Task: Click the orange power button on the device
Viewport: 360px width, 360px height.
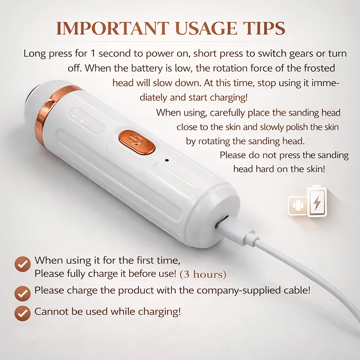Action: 137,142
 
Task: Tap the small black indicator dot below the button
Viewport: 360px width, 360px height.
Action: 167,160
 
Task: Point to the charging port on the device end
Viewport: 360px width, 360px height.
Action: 221,222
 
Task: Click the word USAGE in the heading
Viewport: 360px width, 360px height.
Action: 206,28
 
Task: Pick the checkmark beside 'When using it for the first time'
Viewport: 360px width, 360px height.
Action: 22,264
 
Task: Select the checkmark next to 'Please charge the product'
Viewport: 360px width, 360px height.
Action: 22,293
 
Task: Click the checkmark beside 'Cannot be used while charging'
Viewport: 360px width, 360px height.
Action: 22,313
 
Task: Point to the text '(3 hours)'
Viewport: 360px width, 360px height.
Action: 203,274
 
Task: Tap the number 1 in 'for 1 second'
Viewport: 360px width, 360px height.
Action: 93,54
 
